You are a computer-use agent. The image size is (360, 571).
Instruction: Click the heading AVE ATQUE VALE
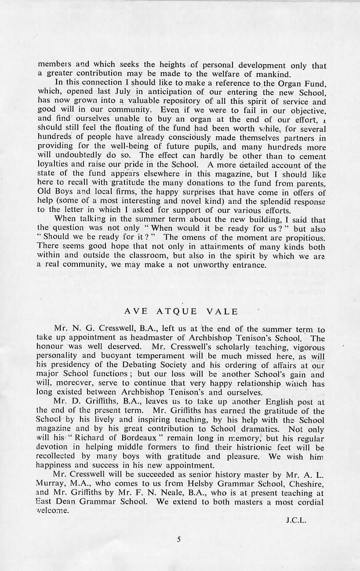(x=181, y=312)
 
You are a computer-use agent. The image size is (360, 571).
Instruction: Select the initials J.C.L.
(x=295, y=521)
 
